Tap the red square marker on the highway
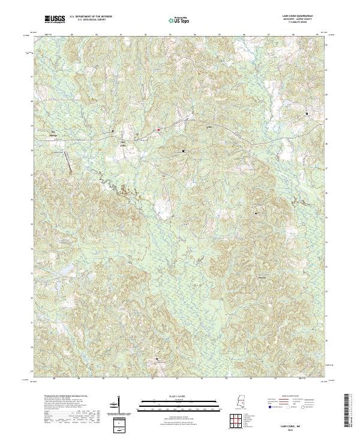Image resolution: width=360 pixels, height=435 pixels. tap(158, 128)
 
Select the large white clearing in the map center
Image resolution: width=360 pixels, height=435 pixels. tap(163, 208)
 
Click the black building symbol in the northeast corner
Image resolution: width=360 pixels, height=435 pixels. tap(306, 113)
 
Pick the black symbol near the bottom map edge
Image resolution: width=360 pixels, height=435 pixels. tap(158, 359)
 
